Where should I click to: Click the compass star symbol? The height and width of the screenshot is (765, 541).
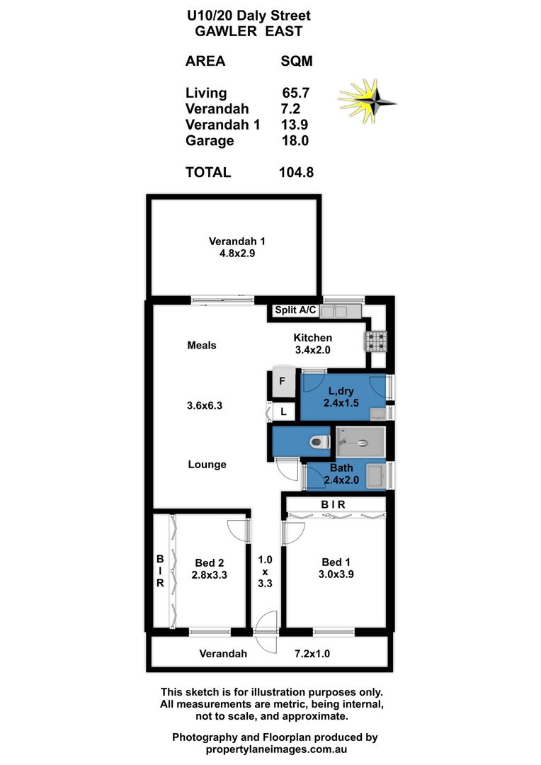pyautogui.click(x=368, y=99)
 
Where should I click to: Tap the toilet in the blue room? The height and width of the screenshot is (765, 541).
pyautogui.click(x=319, y=443)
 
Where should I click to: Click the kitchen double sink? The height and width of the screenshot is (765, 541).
pyautogui.click(x=341, y=311)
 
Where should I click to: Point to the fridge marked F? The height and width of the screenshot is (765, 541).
pyautogui.click(x=282, y=382)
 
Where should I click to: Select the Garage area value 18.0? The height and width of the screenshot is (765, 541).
pyautogui.click(x=295, y=140)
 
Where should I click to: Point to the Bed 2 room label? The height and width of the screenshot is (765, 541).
pyautogui.click(x=210, y=563)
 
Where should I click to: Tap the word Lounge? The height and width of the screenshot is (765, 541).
pyautogui.click(x=207, y=465)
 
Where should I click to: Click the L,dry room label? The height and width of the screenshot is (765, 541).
pyautogui.click(x=341, y=392)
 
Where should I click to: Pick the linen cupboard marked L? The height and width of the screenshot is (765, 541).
pyautogui.click(x=283, y=412)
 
